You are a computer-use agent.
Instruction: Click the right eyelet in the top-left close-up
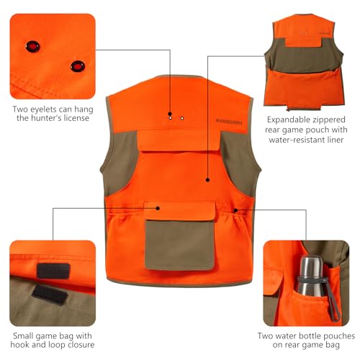(76, 66)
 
